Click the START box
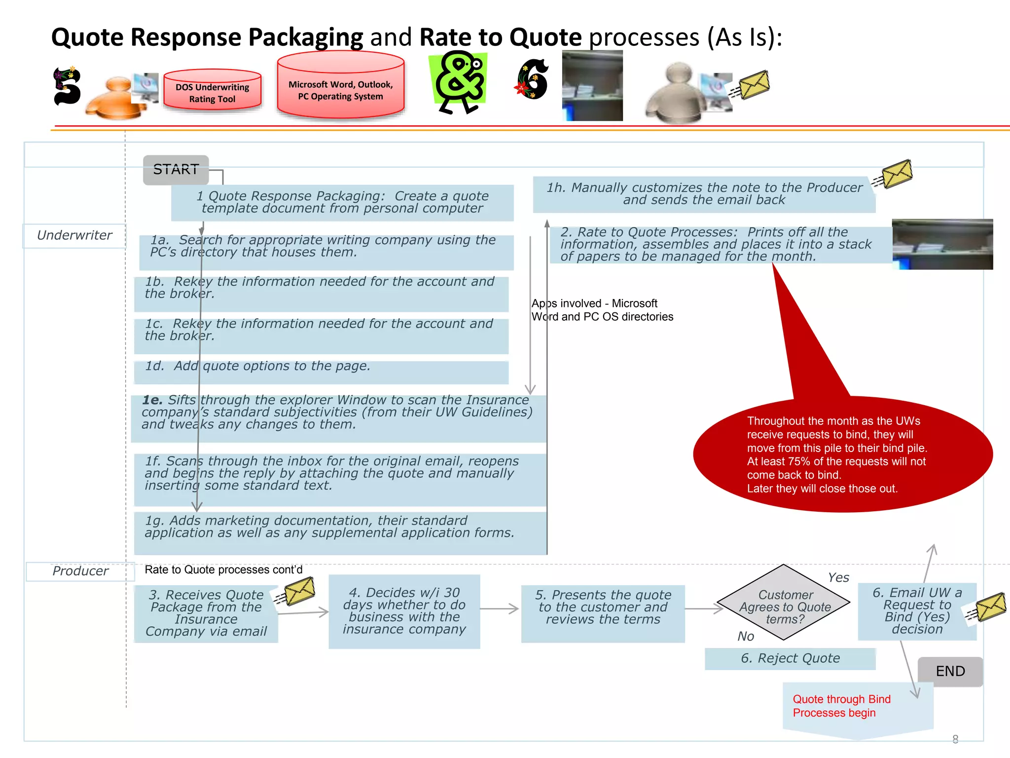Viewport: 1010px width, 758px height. click(176, 170)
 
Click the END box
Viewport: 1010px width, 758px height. click(950, 671)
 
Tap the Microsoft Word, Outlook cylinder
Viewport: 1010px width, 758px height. click(340, 89)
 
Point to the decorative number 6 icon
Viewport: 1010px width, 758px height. click(533, 79)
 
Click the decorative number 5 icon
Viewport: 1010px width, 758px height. click(67, 86)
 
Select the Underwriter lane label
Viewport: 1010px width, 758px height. click(74, 235)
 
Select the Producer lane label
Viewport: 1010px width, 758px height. click(80, 571)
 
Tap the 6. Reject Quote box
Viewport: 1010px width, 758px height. click(790, 658)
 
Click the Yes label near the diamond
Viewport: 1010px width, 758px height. click(838, 577)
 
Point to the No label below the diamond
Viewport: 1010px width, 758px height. click(746, 636)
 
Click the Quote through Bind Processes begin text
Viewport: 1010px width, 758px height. click(841, 706)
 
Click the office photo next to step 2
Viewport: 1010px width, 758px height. click(942, 244)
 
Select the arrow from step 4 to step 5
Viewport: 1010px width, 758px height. click(499, 609)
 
